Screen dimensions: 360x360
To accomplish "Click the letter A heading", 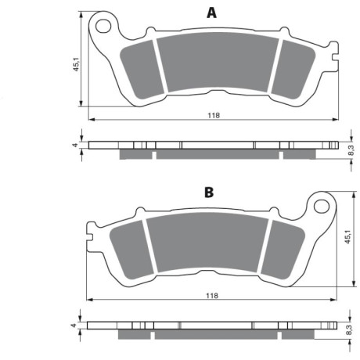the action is pos(211,13).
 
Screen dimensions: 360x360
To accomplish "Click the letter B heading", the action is pos(209,193).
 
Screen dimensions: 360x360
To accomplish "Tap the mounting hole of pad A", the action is pos(103,26).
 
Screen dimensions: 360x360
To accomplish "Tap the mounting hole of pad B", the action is pos(322,206).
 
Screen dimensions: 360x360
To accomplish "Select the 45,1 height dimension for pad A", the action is pos(76,64).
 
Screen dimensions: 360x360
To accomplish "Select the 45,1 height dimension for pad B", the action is pos(348,237).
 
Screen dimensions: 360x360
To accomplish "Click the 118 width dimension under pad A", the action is pos(214,115).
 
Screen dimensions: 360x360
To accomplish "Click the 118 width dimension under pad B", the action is pos(212,296).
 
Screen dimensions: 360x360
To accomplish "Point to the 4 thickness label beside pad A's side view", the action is pos(75,145).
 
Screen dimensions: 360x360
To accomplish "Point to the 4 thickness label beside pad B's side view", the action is pos(74,326).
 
